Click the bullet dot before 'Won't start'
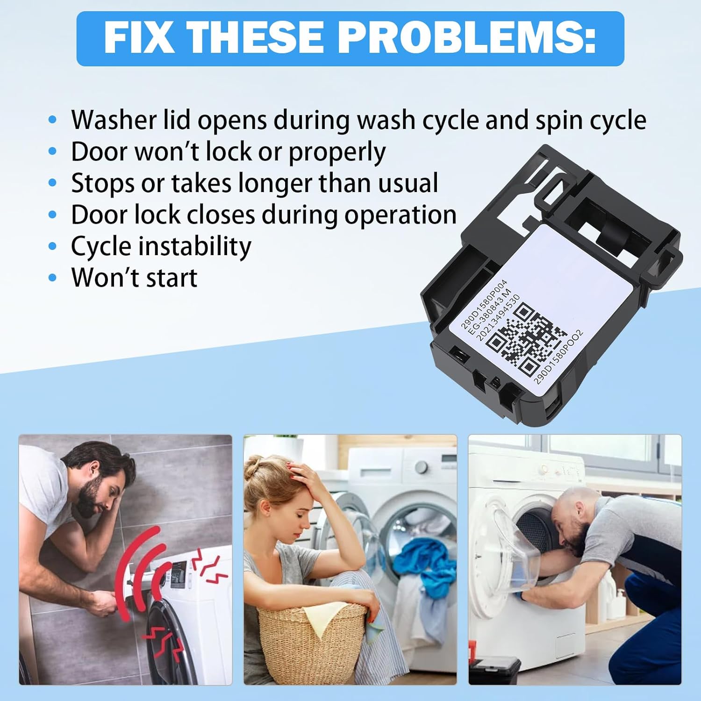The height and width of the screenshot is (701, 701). click(53, 278)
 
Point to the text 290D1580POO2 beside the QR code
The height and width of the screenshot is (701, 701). click(558, 358)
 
